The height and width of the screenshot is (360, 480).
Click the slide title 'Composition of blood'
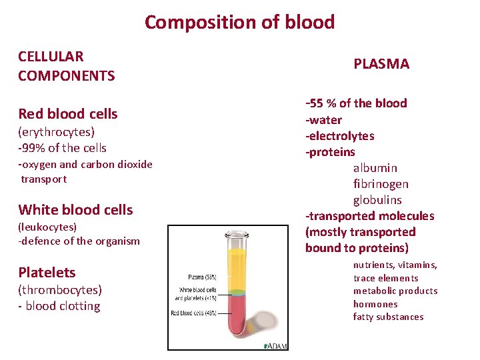[x=239, y=22]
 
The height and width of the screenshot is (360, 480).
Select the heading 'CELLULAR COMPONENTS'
[x=66, y=66]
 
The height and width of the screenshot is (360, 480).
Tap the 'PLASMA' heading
[x=381, y=64]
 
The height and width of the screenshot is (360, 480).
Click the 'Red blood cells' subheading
[x=68, y=114]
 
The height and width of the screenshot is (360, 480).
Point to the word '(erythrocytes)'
[x=57, y=131]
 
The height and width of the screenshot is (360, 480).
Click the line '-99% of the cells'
[x=63, y=147]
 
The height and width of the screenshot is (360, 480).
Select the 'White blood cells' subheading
[x=75, y=210]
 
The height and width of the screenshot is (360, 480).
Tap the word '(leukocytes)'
[x=47, y=227]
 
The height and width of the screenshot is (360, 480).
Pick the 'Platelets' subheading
[x=47, y=273]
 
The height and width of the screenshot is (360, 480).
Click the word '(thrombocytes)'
[x=60, y=289]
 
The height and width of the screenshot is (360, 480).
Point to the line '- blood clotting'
[x=59, y=306]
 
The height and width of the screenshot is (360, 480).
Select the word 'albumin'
[x=375, y=168]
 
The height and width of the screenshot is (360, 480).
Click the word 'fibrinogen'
[x=381, y=184]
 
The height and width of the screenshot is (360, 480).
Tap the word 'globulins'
[x=377, y=200]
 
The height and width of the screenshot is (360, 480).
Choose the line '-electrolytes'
[x=340, y=136]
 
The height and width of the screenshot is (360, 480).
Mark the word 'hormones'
[x=375, y=304]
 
